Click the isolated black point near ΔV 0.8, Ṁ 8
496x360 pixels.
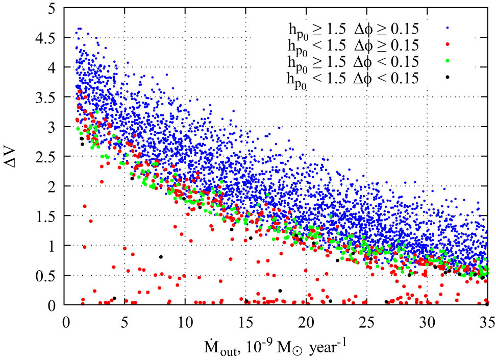tap(161, 257)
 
